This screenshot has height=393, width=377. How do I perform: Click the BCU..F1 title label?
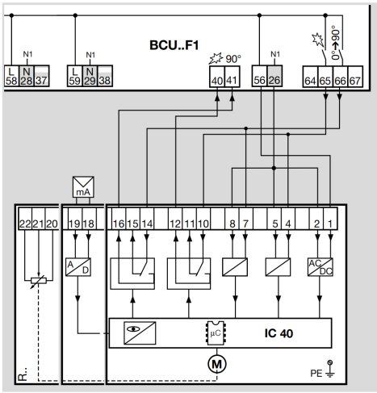click(174, 45)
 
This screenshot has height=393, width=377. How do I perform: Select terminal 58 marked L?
click(11, 76)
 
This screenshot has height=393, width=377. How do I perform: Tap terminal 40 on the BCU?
click(217, 77)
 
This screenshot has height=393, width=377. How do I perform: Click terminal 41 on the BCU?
click(232, 77)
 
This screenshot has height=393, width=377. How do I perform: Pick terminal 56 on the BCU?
click(260, 76)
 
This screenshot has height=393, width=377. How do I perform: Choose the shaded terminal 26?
click(274, 76)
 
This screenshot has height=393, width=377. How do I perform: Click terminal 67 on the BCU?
click(355, 77)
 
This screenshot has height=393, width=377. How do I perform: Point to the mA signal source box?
click(83, 187)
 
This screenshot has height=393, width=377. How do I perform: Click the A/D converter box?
click(78, 267)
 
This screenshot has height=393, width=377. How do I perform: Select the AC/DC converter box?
click(320, 267)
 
